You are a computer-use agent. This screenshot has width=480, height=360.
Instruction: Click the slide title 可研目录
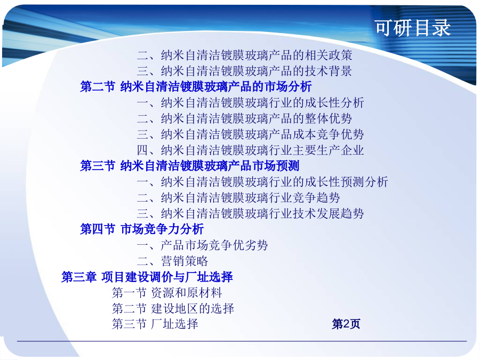coord(413,28)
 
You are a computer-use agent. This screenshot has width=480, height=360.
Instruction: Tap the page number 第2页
coord(346,324)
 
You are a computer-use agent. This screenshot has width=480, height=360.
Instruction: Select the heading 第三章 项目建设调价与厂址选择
coord(147,277)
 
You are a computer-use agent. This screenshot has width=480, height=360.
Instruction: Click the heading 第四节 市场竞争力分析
coord(142,229)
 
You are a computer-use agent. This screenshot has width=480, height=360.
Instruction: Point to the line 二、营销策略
coord(172,261)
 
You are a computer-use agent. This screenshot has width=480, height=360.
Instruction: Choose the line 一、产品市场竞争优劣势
coord(202,245)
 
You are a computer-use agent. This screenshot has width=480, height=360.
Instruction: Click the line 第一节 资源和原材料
coord(167,293)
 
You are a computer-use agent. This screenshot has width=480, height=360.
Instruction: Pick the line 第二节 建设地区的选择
coord(173,309)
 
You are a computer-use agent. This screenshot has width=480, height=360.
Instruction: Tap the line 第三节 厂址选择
coord(155,324)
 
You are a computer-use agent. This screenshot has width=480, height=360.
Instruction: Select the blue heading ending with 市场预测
coord(189,166)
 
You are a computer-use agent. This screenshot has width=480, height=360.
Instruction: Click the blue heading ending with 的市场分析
coord(196,86)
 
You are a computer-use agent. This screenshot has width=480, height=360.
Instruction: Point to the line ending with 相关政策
coord(244,55)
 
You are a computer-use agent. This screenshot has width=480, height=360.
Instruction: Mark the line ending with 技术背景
coord(244,71)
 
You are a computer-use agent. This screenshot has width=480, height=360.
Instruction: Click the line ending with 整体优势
coord(244,118)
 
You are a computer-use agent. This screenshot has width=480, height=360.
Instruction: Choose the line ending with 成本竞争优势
coord(251,134)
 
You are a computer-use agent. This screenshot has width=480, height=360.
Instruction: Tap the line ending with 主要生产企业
coord(251,150)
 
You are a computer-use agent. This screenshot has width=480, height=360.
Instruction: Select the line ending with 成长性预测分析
coord(262,182)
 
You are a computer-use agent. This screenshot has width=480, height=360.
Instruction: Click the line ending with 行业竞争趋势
coord(238,198)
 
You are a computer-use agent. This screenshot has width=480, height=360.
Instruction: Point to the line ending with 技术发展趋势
coord(251,213)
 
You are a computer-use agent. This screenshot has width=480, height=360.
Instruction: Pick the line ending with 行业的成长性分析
coord(251,102)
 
